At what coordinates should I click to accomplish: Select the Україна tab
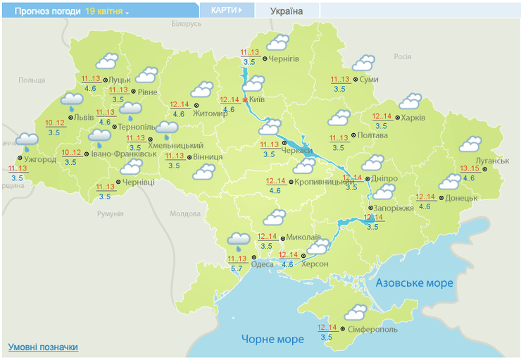(287, 11)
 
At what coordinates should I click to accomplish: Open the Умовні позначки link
(43, 347)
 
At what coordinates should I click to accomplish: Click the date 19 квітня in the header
(104, 11)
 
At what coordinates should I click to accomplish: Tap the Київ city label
(258, 100)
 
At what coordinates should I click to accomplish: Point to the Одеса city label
(262, 264)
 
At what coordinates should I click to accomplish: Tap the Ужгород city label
(40, 160)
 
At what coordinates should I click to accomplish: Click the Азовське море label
(414, 283)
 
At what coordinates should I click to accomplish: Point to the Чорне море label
(272, 340)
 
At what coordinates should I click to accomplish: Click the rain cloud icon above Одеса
(239, 241)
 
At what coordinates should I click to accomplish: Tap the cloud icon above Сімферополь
(356, 311)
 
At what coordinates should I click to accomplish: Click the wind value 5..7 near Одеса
(237, 268)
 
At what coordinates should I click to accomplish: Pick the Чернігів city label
(284, 59)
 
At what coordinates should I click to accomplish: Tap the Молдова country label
(185, 213)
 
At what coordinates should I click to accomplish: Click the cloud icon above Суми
(365, 63)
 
